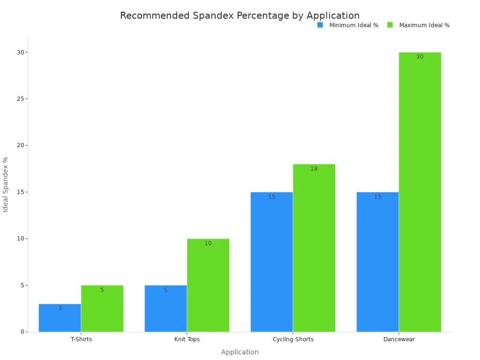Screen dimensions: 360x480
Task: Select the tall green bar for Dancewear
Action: pyautogui.click(x=420, y=192)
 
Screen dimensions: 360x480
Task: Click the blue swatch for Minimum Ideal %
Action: pyautogui.click(x=320, y=25)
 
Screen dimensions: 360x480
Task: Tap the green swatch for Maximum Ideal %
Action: pyautogui.click(x=390, y=25)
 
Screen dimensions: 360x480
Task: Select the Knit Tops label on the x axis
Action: pyautogui.click(x=187, y=339)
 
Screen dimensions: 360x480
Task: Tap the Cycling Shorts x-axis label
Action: pyautogui.click(x=293, y=339)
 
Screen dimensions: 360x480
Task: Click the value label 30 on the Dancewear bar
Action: pyautogui.click(x=420, y=57)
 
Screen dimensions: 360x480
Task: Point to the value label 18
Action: pyautogui.click(x=314, y=169)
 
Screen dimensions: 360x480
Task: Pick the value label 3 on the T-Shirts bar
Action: pyautogui.click(x=60, y=308)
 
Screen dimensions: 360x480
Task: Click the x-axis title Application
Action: pyautogui.click(x=240, y=352)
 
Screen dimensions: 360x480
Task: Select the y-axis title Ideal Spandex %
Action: pyautogui.click(x=6, y=184)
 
